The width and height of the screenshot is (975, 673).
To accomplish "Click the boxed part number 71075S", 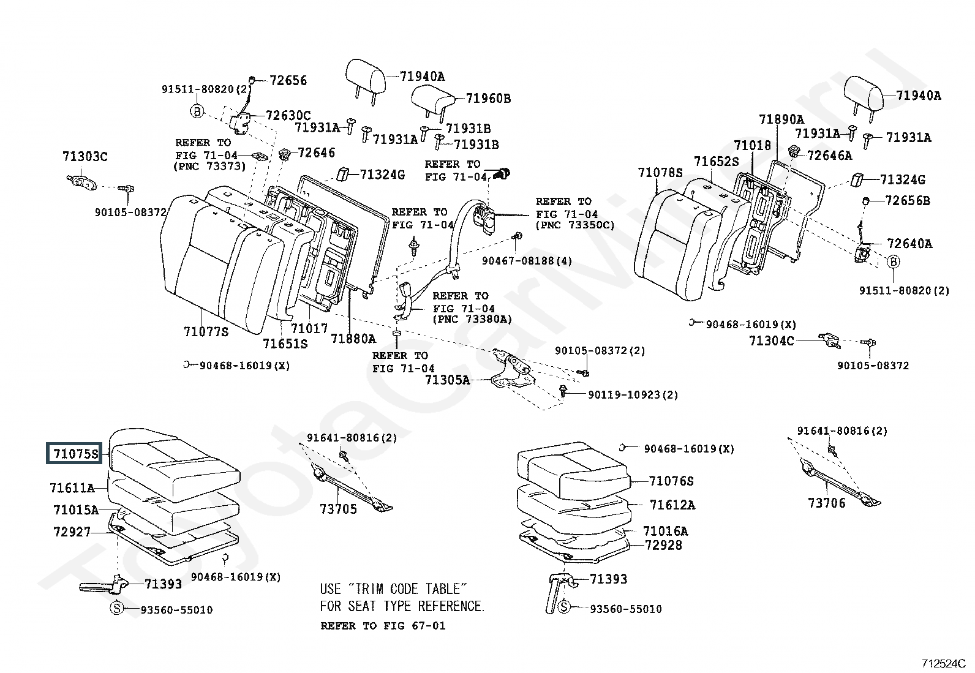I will (75, 454).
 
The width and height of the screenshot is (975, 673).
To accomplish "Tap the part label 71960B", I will (487, 99).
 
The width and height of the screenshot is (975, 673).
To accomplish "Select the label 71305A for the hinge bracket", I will (447, 380).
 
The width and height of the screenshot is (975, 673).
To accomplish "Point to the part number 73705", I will (338, 509).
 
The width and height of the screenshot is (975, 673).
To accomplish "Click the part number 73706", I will (826, 503).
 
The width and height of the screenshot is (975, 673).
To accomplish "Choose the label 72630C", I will (288, 116).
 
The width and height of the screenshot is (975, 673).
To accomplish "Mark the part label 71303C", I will (85, 157).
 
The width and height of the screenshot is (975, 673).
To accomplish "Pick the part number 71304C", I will (771, 340).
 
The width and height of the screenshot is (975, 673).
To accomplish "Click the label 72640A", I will (909, 244).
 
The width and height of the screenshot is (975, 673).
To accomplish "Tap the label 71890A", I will (781, 119).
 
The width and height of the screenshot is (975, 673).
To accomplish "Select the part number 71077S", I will (206, 332).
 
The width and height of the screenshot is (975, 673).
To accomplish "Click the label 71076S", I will (671, 481).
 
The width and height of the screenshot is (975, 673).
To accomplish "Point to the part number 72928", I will (663, 545).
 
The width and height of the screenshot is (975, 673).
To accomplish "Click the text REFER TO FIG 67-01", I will (383, 626).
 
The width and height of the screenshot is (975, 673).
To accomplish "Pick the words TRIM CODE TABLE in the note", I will (405, 589).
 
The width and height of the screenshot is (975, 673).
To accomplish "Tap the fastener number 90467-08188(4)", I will (527, 261).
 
